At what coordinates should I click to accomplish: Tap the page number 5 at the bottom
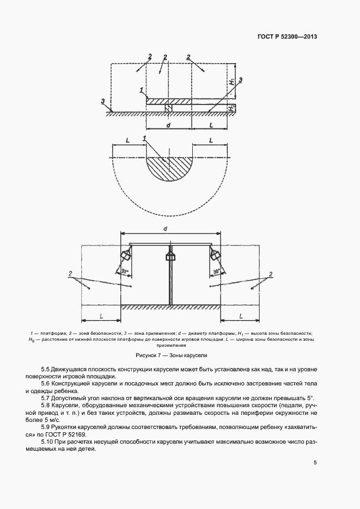tap(315, 463)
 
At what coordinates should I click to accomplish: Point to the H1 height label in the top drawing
tap(231, 81)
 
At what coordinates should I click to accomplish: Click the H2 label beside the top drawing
tap(231, 108)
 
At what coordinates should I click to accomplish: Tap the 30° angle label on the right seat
tap(217, 271)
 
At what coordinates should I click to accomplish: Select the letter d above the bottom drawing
tap(165, 229)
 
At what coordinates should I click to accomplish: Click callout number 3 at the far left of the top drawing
tap(102, 101)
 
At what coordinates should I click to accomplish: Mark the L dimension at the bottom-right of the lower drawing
tap(241, 315)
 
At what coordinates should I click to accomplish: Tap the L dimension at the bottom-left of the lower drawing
tap(100, 315)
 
